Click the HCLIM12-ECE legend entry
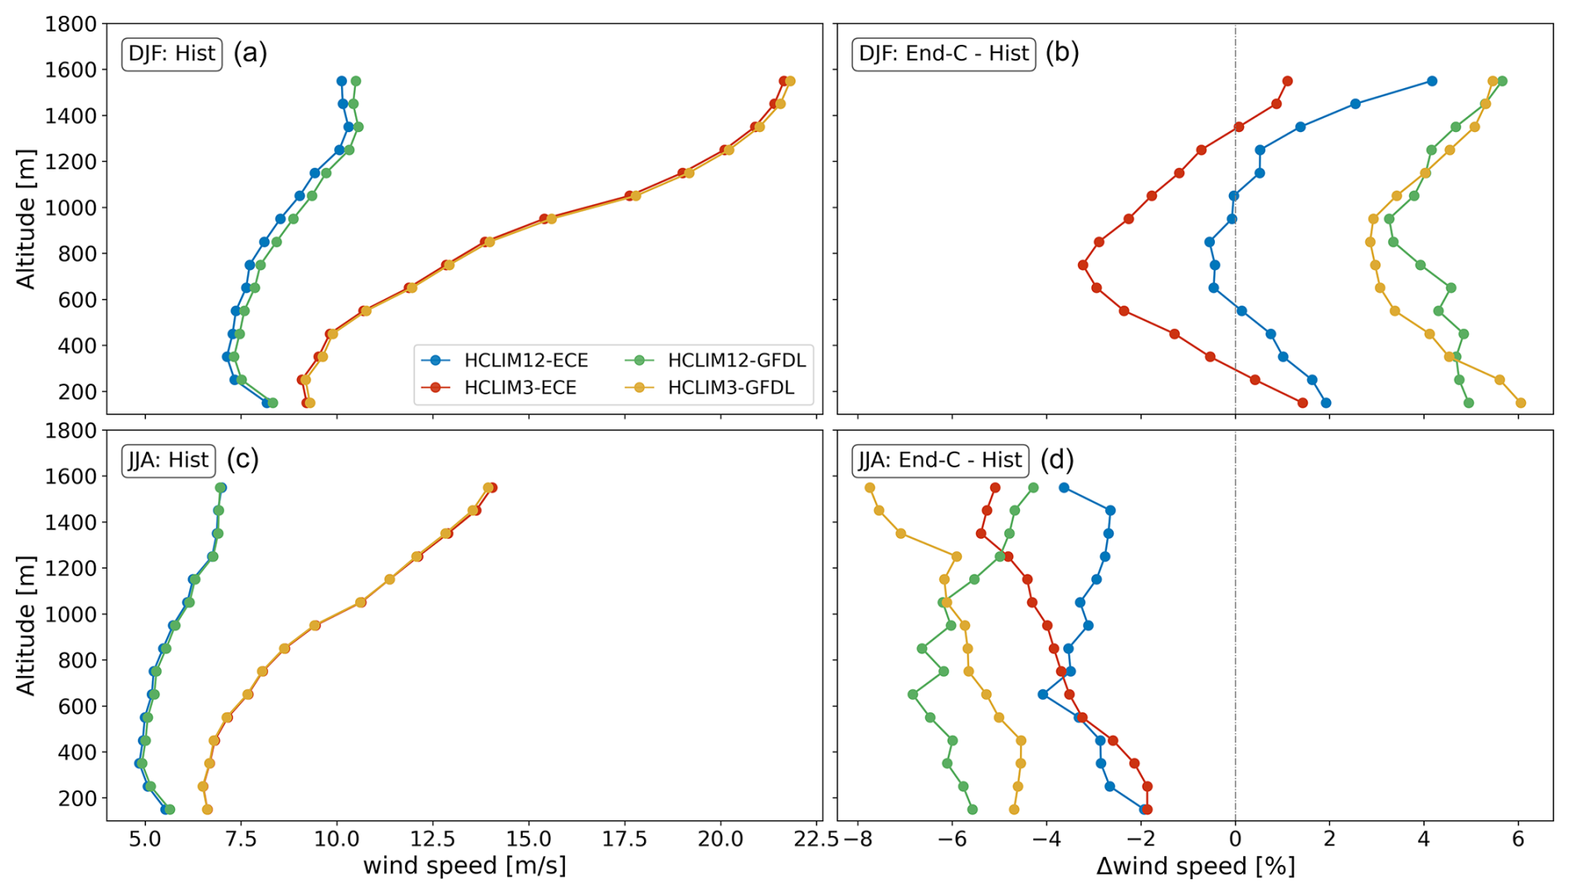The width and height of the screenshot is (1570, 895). click(525, 360)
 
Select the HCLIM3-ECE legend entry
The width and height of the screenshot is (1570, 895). click(520, 388)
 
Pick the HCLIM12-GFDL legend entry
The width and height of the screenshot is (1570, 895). click(736, 360)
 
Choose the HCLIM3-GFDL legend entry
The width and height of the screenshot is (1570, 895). click(730, 388)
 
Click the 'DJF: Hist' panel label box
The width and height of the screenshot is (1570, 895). click(172, 54)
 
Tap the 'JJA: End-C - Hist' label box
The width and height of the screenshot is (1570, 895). click(939, 460)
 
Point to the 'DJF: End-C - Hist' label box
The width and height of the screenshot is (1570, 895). click(943, 54)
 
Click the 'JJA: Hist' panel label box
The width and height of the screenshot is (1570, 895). click(168, 460)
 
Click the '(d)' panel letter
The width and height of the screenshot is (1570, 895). click(1056, 459)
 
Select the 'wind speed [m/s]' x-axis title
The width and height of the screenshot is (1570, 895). click(465, 867)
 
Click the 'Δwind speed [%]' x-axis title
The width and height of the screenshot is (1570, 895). click(1195, 867)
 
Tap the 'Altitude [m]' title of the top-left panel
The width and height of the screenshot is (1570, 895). click(27, 219)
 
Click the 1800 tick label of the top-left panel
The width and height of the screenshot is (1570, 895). click(71, 24)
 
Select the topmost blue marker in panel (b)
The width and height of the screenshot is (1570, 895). click(1431, 81)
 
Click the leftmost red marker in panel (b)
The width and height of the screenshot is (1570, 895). click(1083, 266)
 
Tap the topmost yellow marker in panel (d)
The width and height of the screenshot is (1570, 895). click(870, 488)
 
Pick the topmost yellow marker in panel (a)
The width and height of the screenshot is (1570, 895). click(790, 81)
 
